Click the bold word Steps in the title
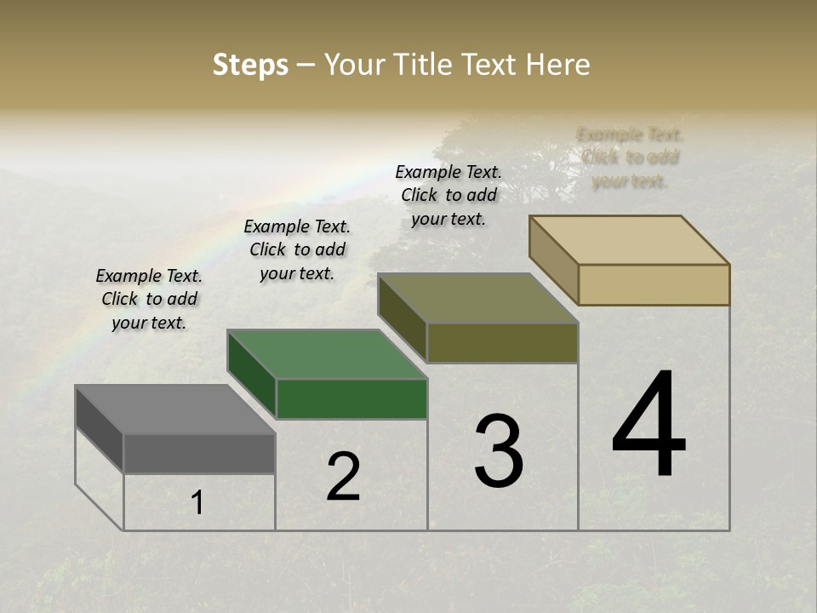pos(250,65)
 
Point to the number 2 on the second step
pos(343,477)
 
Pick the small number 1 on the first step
pos(197,502)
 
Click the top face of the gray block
pos(174,410)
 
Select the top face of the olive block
pos(477,298)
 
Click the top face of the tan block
pos(629,240)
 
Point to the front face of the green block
pos(351,398)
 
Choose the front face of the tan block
pos(654,284)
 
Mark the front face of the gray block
pos(199,453)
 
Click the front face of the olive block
pos(502,342)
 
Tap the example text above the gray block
pos(149,299)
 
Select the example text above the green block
pos(297,249)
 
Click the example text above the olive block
pos(448,195)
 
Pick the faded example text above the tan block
pos(630,158)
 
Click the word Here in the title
pos(557,65)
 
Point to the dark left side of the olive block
pos(402,318)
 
